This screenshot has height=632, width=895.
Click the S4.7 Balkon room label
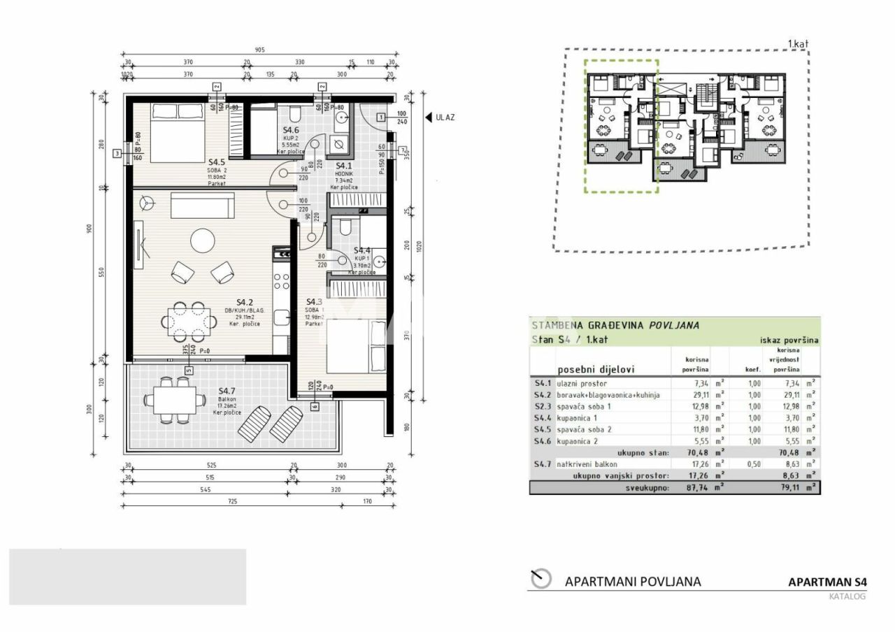[227, 391]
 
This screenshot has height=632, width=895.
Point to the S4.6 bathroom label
[291, 131]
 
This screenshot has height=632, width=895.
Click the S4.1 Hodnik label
[345, 166]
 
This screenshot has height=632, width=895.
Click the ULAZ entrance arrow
[428, 117]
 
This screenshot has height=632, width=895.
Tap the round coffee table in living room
[203, 241]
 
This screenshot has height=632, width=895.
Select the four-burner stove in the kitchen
[281, 281]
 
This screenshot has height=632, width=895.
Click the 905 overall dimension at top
[260, 50]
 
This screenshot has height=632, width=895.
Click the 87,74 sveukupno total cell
[689, 488]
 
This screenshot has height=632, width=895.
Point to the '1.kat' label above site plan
[797, 44]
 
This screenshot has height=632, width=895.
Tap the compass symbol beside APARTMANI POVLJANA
[541, 580]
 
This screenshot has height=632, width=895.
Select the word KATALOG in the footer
[847, 596]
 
